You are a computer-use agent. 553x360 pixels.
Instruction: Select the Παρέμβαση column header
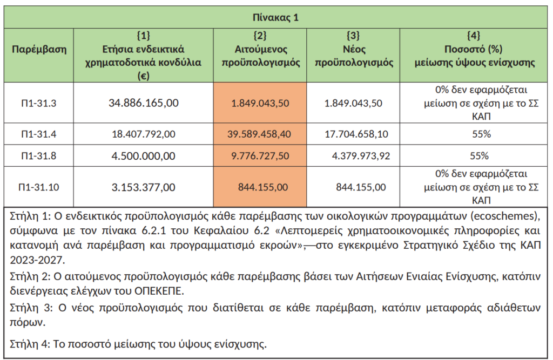(x=39, y=50)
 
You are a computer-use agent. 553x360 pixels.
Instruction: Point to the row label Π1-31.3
(x=39, y=103)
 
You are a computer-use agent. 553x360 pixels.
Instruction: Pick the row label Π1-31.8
(x=39, y=156)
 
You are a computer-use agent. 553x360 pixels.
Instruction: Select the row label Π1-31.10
(x=39, y=187)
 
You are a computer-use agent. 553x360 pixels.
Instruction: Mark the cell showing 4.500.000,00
(x=144, y=156)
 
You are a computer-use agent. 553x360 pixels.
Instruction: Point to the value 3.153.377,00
(x=144, y=187)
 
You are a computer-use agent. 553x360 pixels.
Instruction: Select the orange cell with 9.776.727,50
(x=260, y=156)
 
